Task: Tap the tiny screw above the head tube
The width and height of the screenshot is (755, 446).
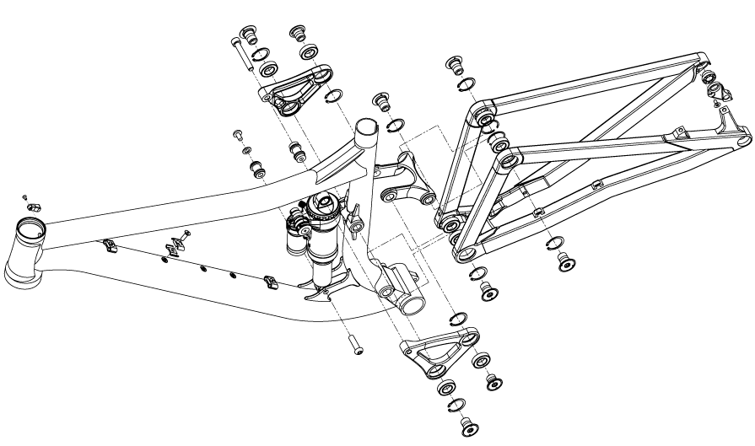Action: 26,196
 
